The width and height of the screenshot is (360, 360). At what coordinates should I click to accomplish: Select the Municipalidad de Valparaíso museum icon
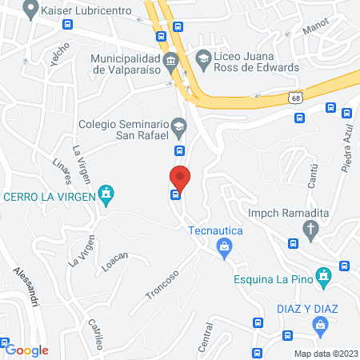(170, 62)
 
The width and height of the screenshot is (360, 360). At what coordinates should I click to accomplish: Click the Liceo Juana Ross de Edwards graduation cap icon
(203, 58)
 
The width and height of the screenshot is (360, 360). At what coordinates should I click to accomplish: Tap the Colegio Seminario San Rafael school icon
(180, 126)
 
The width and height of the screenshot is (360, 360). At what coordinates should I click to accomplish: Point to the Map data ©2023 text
(324, 354)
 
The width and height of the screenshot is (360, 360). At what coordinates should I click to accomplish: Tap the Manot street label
(315, 29)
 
